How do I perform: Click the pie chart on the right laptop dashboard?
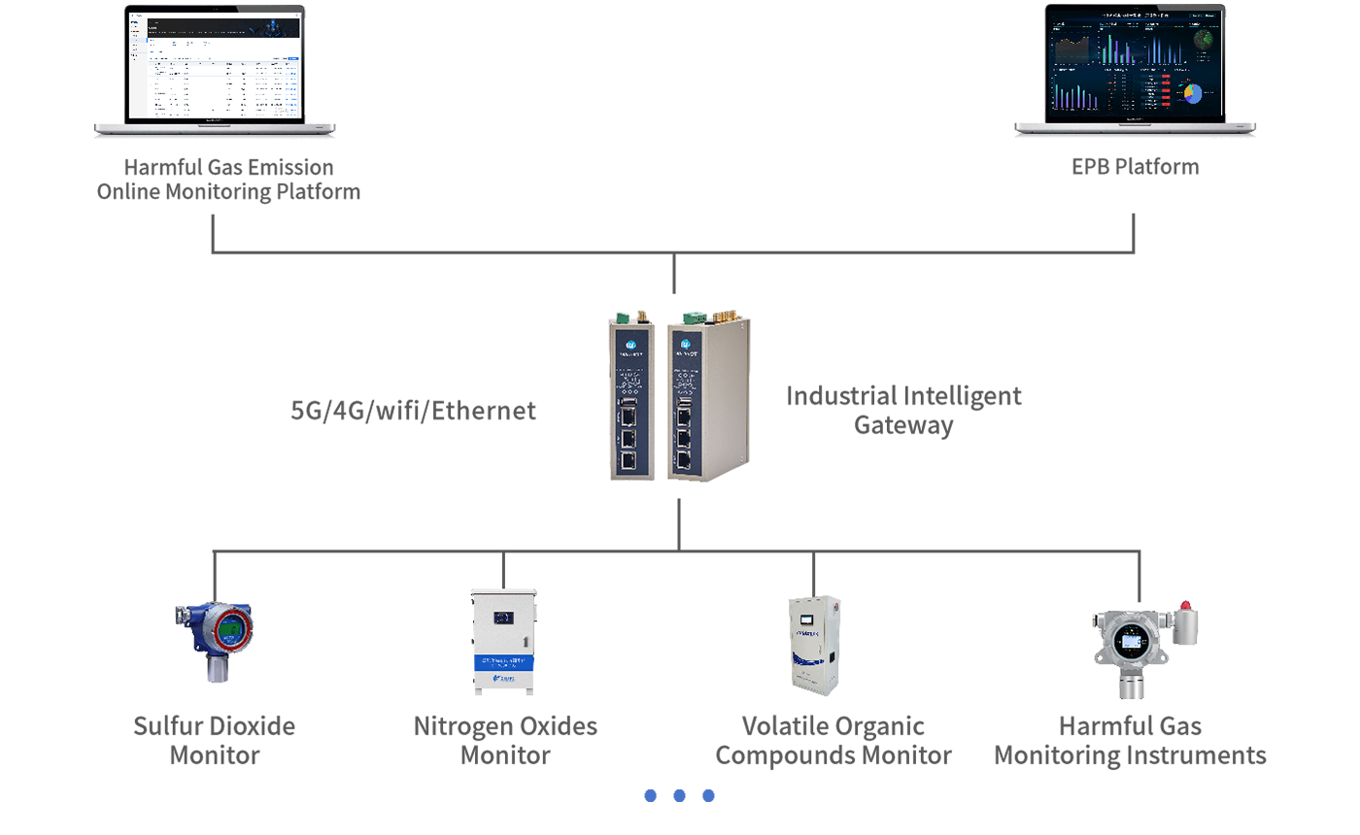point(1192,93)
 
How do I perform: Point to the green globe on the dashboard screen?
point(1205,38)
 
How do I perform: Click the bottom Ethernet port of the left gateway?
point(628,459)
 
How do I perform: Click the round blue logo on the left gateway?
point(629,342)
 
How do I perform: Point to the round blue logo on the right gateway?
point(685,342)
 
